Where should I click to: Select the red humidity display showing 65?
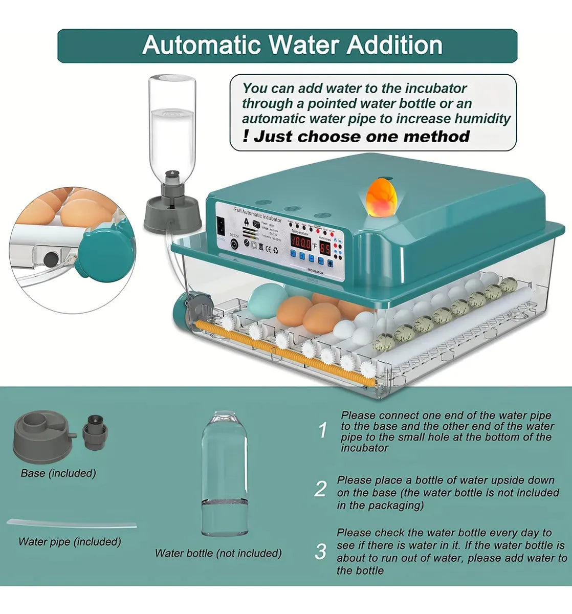[325, 249]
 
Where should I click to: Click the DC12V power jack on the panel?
[235, 245]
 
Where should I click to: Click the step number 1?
[322, 431]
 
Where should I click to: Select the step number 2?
[320, 489]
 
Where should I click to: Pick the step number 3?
[320, 552]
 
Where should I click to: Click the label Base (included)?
[58, 473]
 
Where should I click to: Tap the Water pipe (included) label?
[70, 541]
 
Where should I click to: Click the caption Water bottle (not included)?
[218, 553]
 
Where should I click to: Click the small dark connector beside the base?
[94, 432]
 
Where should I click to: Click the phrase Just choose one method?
[362, 137]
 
